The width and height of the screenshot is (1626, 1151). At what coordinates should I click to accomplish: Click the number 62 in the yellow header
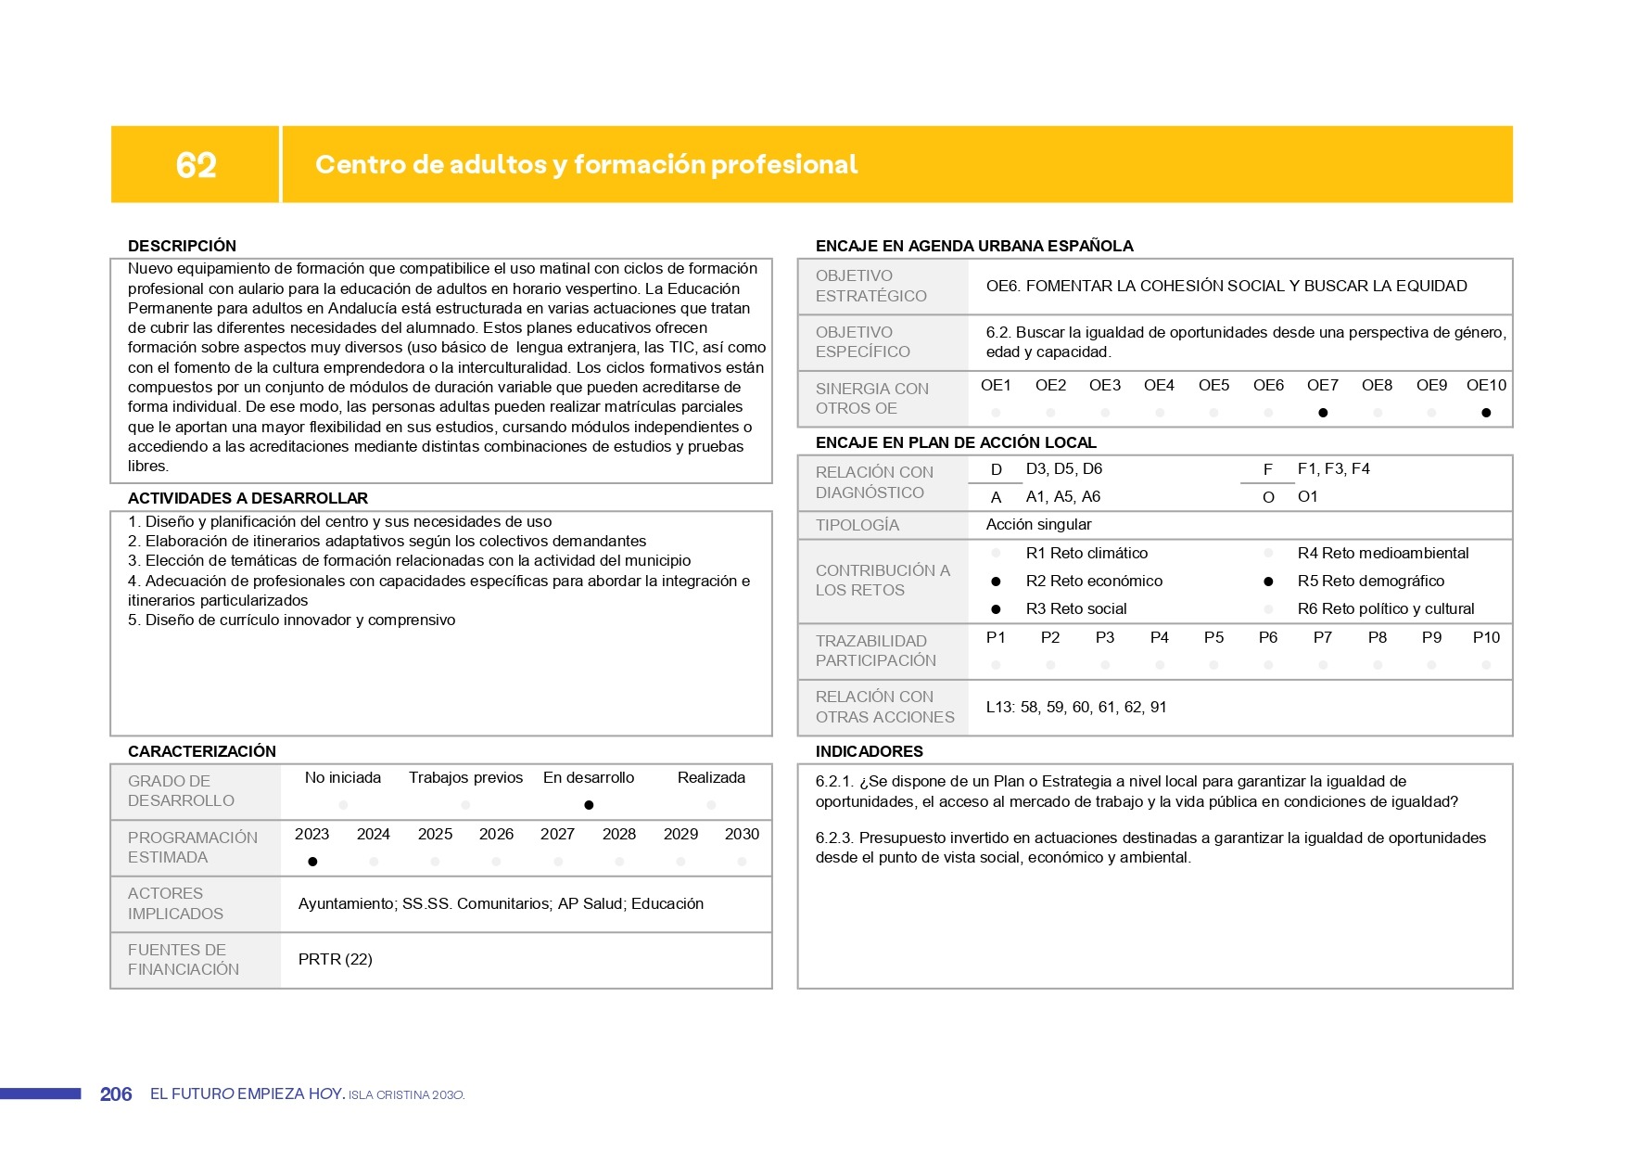click(x=196, y=165)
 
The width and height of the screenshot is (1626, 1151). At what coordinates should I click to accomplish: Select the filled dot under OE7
click(x=1323, y=413)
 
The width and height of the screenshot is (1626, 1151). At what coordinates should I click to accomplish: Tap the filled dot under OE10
click(x=1486, y=413)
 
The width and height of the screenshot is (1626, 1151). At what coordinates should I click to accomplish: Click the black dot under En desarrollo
click(x=589, y=805)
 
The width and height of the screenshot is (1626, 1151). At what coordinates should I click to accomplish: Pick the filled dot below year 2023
click(x=312, y=862)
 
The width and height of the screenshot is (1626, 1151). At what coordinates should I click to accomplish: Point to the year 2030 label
click(x=742, y=834)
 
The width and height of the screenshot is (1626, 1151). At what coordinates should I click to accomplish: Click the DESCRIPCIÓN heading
click(x=182, y=246)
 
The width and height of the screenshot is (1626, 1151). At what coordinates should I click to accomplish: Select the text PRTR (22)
click(x=336, y=959)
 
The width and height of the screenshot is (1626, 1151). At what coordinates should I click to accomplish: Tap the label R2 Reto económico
click(x=1094, y=581)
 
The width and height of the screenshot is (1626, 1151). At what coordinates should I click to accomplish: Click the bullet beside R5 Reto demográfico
click(x=1268, y=582)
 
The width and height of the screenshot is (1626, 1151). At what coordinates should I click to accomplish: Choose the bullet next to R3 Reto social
click(x=996, y=609)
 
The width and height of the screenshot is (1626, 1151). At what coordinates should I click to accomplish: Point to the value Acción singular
click(x=1038, y=524)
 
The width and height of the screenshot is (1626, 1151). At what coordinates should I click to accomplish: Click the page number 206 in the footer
click(x=116, y=1094)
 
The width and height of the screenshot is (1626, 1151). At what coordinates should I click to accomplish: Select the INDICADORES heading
click(x=869, y=751)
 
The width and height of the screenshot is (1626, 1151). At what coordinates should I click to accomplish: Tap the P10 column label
click(x=1486, y=637)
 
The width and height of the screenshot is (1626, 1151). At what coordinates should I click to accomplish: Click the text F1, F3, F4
click(x=1333, y=468)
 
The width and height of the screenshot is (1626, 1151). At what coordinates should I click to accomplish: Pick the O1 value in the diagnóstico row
click(x=1307, y=496)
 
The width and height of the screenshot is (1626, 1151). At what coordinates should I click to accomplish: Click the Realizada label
click(x=711, y=777)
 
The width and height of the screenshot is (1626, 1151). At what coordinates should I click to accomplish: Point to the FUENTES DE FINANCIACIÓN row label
click(x=184, y=959)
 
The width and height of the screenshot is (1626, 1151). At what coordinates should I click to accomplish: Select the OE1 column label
click(x=996, y=385)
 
